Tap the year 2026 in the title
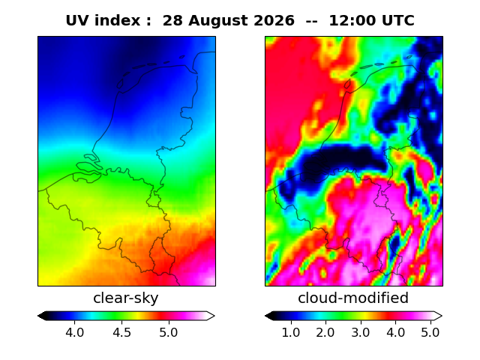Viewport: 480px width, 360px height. [x=274, y=20]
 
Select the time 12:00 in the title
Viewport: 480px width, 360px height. [x=352, y=20]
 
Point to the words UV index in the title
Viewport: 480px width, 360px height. [x=103, y=20]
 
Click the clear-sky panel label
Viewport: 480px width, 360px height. [x=126, y=298]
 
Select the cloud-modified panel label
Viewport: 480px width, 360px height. [x=353, y=298]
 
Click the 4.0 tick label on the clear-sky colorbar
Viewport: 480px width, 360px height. [x=75, y=332]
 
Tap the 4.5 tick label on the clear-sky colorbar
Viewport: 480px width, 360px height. [x=121, y=332]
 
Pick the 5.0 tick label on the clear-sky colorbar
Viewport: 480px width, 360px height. [x=168, y=332]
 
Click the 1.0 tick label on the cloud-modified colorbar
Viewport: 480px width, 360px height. [x=291, y=332]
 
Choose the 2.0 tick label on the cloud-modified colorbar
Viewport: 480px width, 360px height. [x=325, y=332]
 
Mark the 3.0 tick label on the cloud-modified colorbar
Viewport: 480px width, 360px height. [x=361, y=332]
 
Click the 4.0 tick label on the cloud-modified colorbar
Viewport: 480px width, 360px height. [x=395, y=332]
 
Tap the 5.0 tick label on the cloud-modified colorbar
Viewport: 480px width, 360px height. [x=430, y=332]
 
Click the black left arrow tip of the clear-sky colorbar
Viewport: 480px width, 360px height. [x=38, y=316]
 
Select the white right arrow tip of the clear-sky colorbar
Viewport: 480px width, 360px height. [x=214, y=316]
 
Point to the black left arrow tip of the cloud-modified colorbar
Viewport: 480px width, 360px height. [x=265, y=316]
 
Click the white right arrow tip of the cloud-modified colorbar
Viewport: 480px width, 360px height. [x=442, y=316]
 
